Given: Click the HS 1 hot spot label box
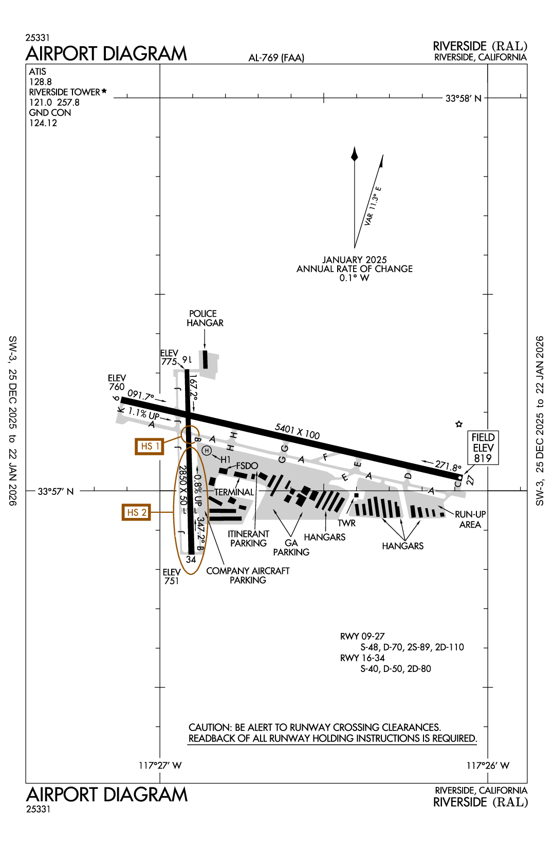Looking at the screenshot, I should [x=150, y=446].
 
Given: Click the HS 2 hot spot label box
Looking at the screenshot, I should [x=136, y=512].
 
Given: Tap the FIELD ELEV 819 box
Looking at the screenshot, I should [x=483, y=448].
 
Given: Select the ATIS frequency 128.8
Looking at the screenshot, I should [x=40, y=82].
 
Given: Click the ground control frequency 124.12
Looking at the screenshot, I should [x=43, y=123].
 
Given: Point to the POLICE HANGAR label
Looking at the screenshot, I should [x=205, y=318].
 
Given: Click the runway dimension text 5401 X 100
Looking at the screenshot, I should [x=297, y=431].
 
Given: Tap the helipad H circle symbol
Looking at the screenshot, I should [x=207, y=451].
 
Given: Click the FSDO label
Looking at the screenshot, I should [x=247, y=466].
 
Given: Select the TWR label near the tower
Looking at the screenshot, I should [x=346, y=523].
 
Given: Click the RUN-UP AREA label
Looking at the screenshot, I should [x=470, y=519].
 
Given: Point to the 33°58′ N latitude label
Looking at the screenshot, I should [x=463, y=99].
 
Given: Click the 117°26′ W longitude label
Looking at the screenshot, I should [x=488, y=765].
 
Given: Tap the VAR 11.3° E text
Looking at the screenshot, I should [x=373, y=206].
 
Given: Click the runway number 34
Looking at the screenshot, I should [x=191, y=560].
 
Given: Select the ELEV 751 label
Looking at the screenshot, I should [x=172, y=576].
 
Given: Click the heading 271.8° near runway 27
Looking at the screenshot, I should [x=448, y=466].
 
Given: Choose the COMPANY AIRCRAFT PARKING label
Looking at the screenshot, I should [x=248, y=575].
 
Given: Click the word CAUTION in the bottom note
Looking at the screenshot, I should [x=210, y=727].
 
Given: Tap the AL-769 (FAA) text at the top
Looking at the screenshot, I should [x=276, y=58].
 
